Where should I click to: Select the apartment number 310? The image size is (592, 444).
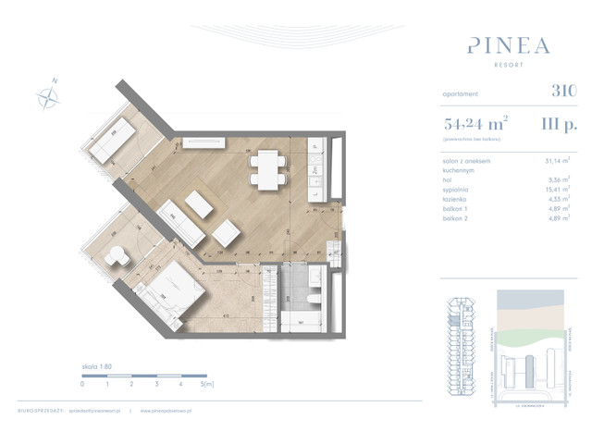point(562,91)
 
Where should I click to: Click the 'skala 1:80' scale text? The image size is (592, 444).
point(95,366)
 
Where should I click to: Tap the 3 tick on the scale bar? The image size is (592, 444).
point(156,383)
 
